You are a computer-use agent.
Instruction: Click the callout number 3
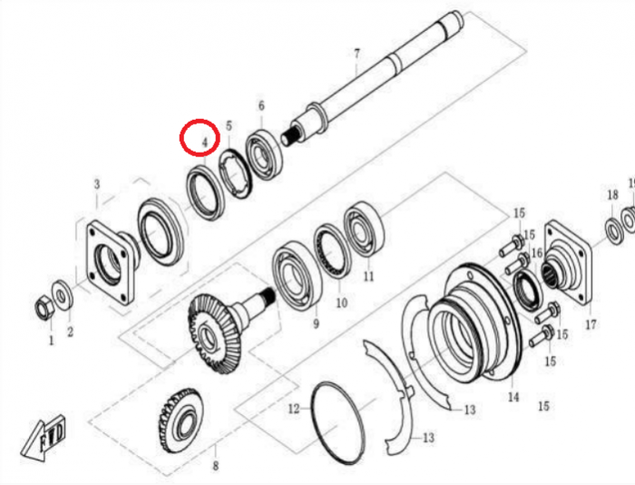coord(96,185)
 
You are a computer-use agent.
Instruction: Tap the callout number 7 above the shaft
coord(357,54)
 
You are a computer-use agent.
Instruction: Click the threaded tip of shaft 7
coord(290,136)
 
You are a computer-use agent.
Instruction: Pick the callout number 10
coord(342,302)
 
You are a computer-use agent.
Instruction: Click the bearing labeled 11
coord(363,229)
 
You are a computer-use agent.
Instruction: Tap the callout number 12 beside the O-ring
coord(294,409)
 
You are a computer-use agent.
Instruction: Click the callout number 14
coord(513,396)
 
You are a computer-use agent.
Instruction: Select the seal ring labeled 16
coord(527,291)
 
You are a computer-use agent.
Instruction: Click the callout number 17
coord(591,324)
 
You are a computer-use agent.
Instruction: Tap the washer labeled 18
coord(614,231)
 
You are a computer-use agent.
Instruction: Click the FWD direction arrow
coord(43,439)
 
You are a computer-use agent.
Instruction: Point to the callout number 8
coord(216,466)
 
